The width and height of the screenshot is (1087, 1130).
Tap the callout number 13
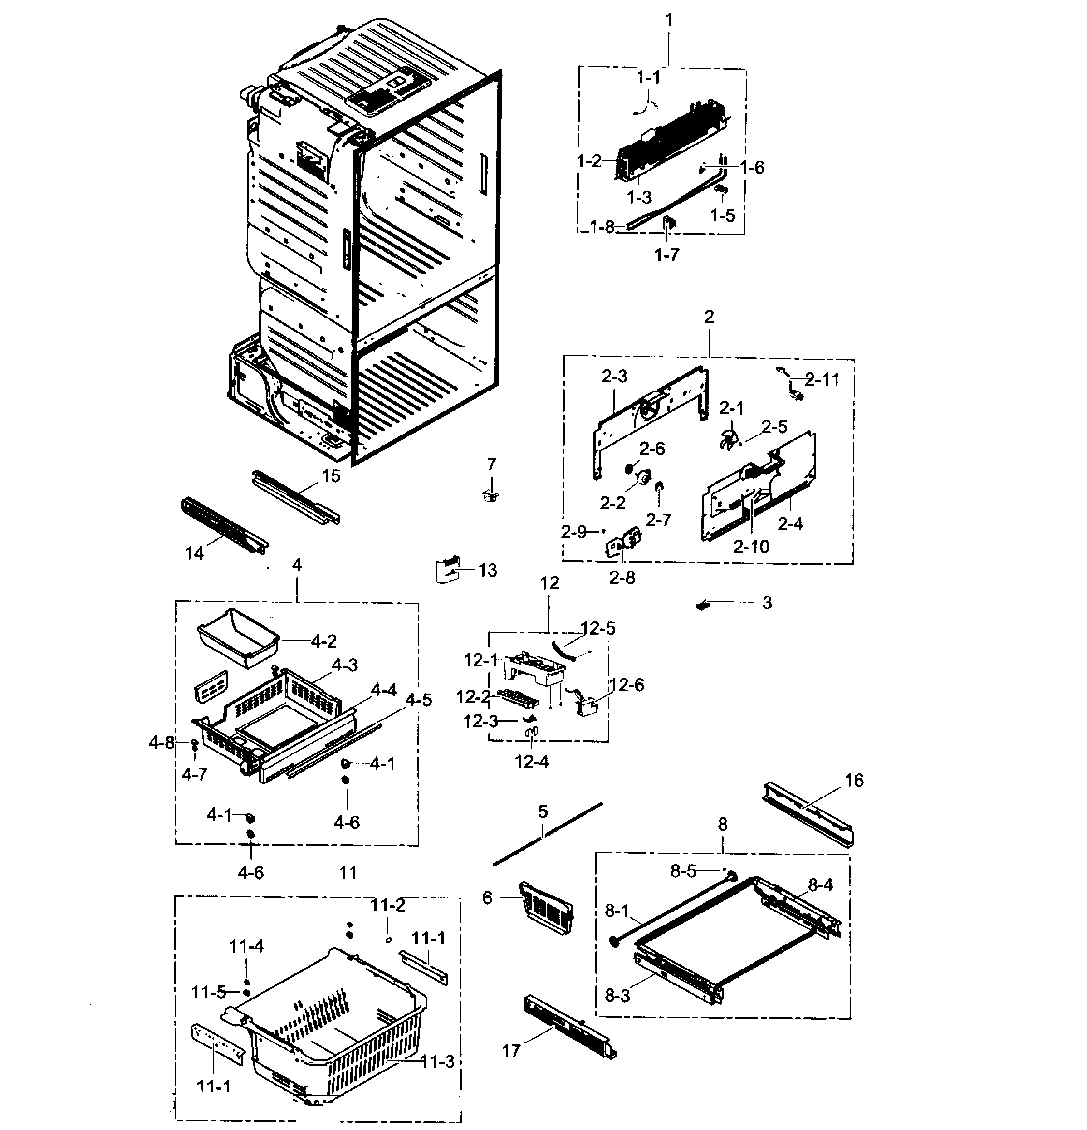487,570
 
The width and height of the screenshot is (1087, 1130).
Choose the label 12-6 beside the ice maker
627,685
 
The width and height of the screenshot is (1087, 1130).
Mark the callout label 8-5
683,871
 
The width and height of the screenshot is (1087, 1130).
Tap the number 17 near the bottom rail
511,1051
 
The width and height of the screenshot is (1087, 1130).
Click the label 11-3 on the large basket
438,1062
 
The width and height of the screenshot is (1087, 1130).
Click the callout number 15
331,476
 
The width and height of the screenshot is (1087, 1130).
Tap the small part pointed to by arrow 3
702,605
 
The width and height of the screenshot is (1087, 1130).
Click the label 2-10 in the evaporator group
751,546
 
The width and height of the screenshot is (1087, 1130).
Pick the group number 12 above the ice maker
549,583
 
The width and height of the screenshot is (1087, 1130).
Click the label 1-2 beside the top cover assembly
589,161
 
